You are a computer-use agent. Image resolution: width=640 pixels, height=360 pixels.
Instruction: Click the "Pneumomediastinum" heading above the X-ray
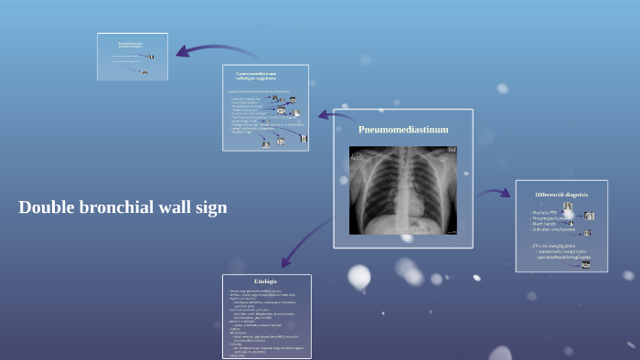[403, 130]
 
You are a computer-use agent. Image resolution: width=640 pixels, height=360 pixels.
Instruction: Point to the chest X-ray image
[403, 190]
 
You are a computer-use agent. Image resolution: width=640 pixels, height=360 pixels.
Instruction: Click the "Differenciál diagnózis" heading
[561, 195]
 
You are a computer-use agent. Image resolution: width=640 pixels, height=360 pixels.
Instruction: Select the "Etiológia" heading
[265, 281]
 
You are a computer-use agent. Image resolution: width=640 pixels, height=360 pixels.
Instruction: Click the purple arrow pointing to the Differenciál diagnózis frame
[495, 193]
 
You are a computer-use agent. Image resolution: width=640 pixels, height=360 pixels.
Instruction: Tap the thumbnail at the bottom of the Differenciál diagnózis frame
[585, 265]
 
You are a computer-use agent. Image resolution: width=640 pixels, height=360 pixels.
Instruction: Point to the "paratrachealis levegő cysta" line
[563, 258]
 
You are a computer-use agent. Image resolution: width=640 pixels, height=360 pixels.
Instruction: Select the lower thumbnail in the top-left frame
[144, 71]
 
